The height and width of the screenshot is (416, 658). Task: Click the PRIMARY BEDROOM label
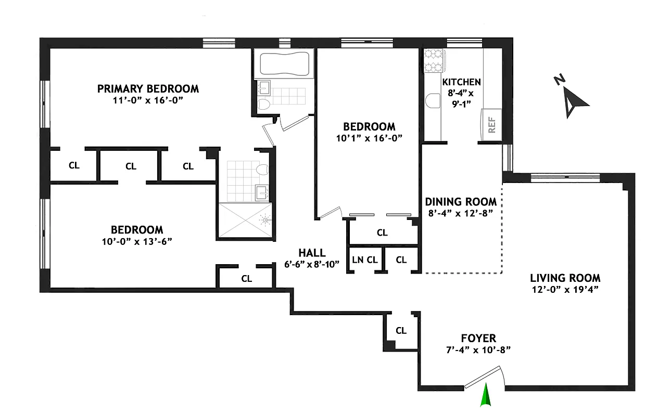148,89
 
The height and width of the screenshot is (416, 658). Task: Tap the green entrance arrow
486,395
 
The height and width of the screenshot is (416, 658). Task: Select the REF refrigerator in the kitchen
491,125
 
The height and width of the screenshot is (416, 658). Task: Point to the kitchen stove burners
432,60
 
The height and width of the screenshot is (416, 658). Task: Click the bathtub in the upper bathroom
284,64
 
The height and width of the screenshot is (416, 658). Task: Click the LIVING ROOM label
565,278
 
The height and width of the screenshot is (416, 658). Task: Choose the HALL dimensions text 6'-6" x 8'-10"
312,264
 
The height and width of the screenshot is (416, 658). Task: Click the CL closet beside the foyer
401,330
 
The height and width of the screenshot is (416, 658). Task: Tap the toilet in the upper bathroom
263,103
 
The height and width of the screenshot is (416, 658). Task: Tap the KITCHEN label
461,82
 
